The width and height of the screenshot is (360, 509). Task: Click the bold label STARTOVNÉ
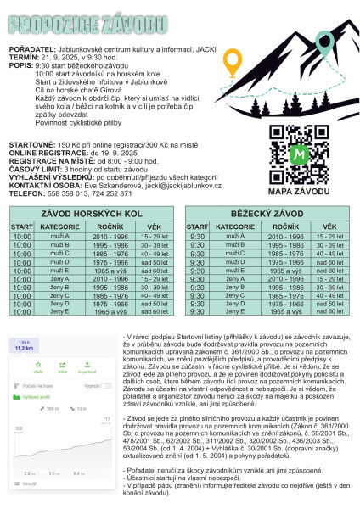(x=31, y=146)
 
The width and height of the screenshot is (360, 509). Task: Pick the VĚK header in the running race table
(x=323, y=227)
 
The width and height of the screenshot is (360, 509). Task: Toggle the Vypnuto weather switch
(x=107, y=385)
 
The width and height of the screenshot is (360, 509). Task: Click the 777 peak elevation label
(x=106, y=419)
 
